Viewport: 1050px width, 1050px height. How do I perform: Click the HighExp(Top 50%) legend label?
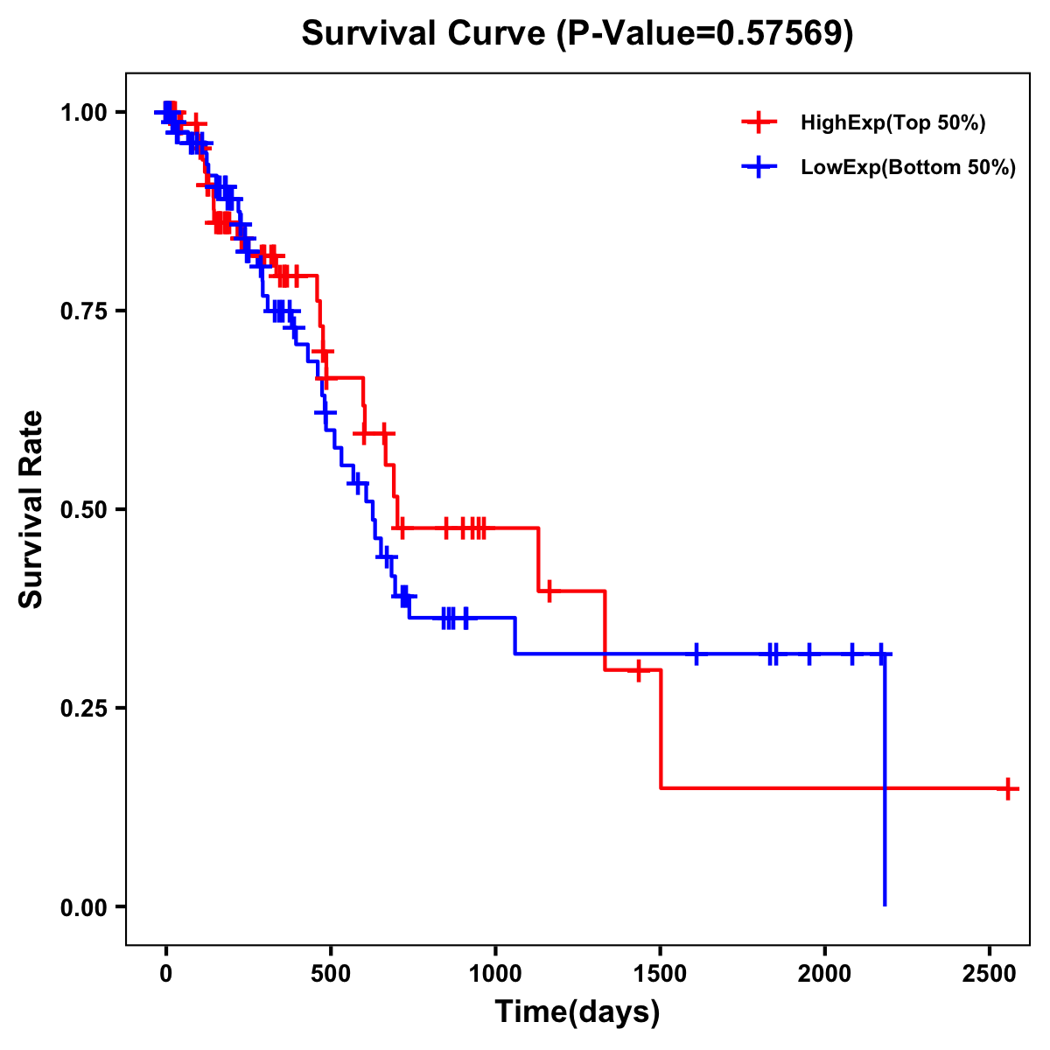tap(893, 123)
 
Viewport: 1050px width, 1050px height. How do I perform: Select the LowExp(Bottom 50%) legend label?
tap(908, 168)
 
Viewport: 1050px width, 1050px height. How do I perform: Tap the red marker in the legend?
tap(759, 122)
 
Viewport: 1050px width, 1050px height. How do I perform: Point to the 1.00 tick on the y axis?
tap(83, 113)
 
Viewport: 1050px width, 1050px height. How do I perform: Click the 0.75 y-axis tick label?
tap(83, 311)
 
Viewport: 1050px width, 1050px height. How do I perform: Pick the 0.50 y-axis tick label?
tap(83, 510)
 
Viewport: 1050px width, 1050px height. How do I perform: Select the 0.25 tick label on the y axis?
tap(83, 709)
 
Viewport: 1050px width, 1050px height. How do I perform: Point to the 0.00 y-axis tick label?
tap(83, 907)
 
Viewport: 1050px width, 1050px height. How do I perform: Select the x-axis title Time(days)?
tap(577, 1012)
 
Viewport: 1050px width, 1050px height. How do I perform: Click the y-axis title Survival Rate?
tap(31, 509)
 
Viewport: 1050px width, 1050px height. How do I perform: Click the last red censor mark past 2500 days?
tap(1008, 788)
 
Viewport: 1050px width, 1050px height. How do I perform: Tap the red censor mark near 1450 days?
tap(639, 670)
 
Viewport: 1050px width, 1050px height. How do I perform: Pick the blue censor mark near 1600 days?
tap(696, 654)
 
